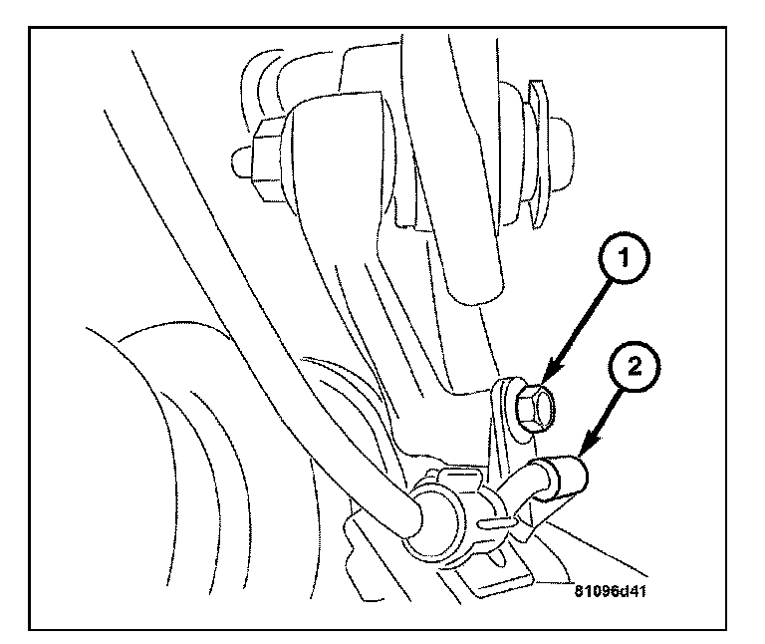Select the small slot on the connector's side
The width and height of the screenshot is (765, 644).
(x=490, y=521)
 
